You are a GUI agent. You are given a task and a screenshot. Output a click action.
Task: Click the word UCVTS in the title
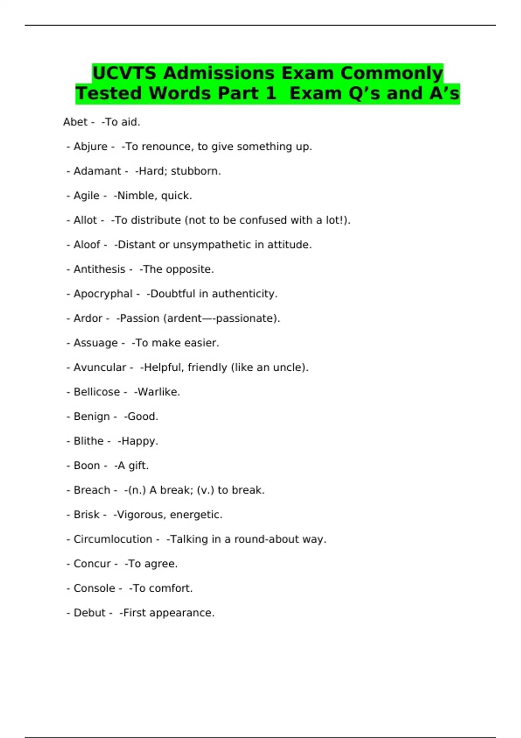(x=124, y=73)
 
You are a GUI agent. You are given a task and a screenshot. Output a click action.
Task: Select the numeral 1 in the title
(x=270, y=93)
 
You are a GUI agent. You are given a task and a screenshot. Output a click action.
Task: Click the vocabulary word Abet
(x=75, y=122)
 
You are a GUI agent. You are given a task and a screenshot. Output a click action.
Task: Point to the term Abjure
(x=90, y=147)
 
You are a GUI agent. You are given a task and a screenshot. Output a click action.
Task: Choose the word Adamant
(x=97, y=171)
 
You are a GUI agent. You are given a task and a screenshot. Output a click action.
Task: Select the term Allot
(x=85, y=220)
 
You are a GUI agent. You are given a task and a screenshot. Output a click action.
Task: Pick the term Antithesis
(x=99, y=269)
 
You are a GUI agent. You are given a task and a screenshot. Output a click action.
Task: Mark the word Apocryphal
(x=103, y=294)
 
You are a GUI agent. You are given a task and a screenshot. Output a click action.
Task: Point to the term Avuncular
(x=100, y=367)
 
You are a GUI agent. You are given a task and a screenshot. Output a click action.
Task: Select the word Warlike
(x=157, y=392)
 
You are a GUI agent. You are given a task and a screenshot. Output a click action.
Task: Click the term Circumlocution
(x=113, y=539)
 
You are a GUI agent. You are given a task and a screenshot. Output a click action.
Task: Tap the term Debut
(x=89, y=613)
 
